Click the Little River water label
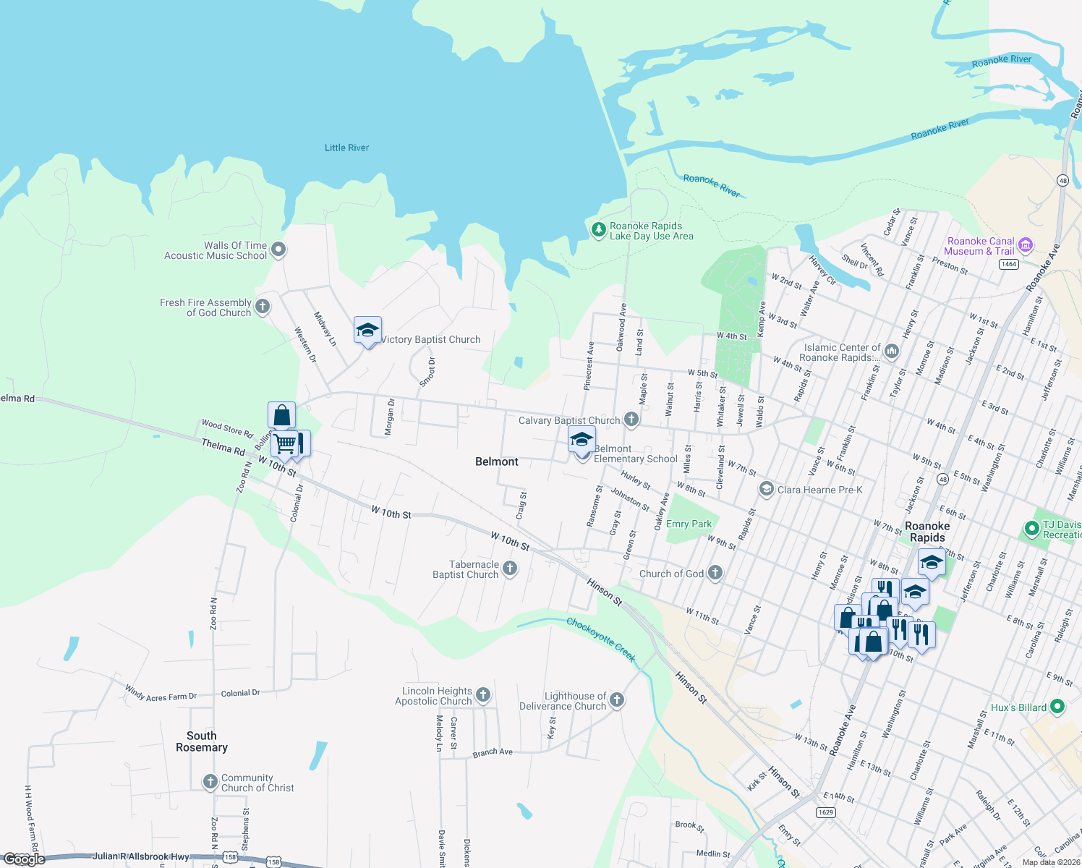tap(346, 148)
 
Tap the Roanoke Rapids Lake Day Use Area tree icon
tap(598, 230)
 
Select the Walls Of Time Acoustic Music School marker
tap(278, 250)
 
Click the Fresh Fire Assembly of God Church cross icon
tap(263, 307)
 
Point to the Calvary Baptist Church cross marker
tap(631, 420)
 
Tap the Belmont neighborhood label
tap(497, 461)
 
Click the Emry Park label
tap(689, 524)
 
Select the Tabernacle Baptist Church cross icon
tap(510, 569)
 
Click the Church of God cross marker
tap(715, 573)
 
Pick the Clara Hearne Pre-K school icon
tap(766, 490)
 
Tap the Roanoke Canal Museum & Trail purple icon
tap(1025, 245)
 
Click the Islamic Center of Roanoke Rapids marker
tap(891, 352)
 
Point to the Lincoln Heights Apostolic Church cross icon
tap(483, 695)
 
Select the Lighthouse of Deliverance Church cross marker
tap(617, 699)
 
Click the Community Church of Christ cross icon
tap(210, 782)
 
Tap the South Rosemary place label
tap(202, 741)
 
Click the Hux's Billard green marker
tap(1057, 706)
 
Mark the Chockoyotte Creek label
tap(601, 639)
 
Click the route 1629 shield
tap(826, 812)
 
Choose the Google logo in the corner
tap(25, 859)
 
